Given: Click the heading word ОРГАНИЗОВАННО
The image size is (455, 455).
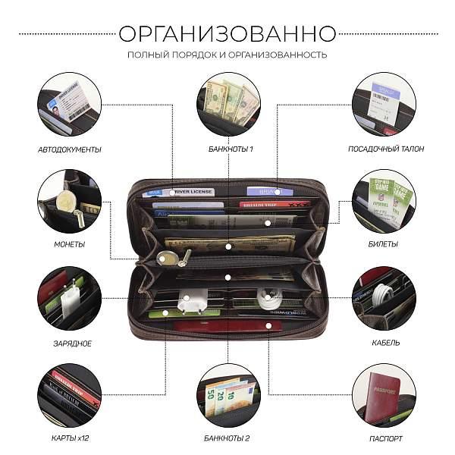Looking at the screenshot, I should point(227,34).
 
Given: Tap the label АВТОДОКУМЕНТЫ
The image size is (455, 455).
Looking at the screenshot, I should point(69,149).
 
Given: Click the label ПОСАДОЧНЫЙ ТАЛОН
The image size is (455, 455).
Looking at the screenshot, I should point(386,149).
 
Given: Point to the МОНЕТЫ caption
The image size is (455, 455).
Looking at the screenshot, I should point(69,244).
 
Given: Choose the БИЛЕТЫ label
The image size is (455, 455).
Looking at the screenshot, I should point(386,244).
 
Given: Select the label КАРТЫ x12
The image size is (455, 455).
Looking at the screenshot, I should point(69,438).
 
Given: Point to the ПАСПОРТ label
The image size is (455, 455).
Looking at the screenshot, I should point(386,438).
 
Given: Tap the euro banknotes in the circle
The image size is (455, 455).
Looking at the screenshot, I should point(227,396).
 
